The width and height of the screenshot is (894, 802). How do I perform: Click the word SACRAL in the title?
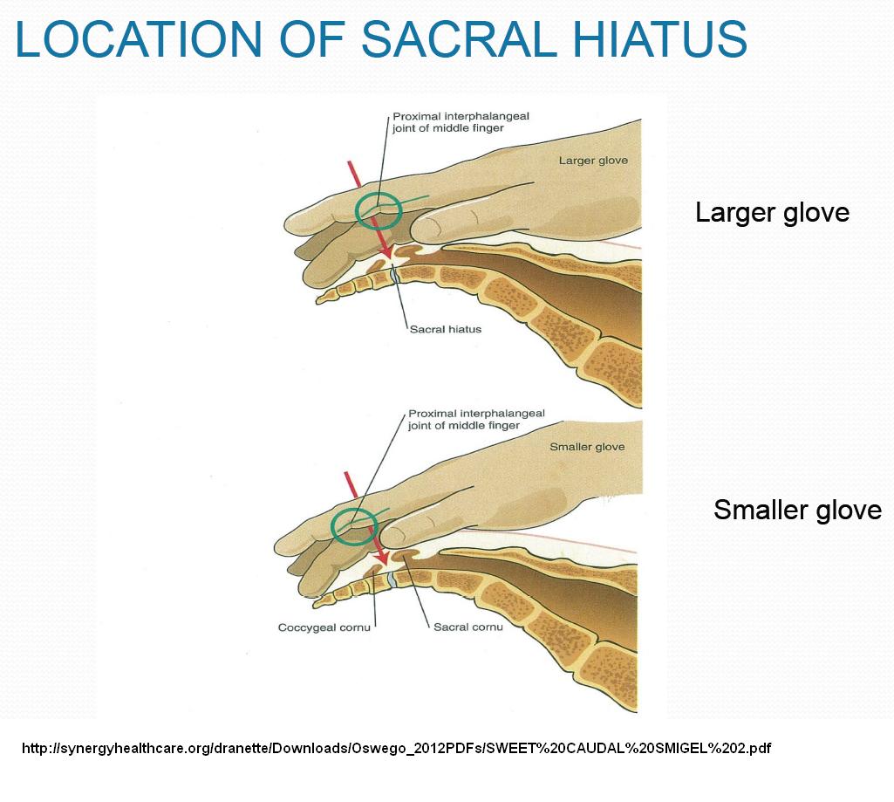[459, 38]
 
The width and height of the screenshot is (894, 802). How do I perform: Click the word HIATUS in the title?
[659, 38]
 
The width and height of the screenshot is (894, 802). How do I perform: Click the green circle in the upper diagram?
[356, 211]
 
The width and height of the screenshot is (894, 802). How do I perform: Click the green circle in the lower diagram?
[332, 527]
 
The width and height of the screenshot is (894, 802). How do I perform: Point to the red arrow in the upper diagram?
[370, 209]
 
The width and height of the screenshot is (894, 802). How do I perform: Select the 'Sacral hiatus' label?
[446, 329]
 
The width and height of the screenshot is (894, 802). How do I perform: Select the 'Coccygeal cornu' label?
[324, 627]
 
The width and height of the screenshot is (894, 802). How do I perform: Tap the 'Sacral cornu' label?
[468, 627]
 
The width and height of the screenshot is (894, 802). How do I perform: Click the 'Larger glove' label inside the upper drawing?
[593, 161]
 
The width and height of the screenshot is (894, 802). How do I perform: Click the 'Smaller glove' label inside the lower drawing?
[587, 447]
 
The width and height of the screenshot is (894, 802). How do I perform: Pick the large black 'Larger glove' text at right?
[772, 213]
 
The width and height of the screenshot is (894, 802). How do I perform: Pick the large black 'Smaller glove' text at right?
[798, 510]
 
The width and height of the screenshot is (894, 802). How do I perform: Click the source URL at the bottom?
[396, 748]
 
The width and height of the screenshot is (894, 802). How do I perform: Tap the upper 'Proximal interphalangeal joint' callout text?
[461, 122]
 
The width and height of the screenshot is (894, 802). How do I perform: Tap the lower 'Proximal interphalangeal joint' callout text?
[476, 419]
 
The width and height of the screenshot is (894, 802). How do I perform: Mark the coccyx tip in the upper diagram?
[318, 300]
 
